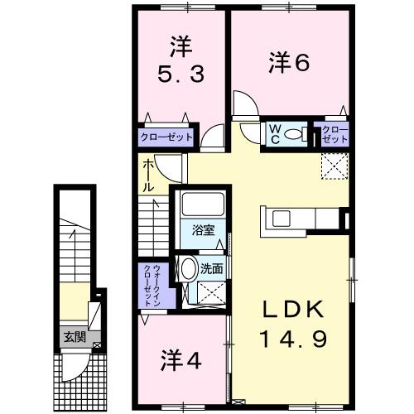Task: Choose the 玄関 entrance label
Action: [x=71, y=337]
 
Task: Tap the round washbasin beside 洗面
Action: [x=188, y=268]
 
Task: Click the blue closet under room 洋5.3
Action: [x=166, y=136]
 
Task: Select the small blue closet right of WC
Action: [x=330, y=133]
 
